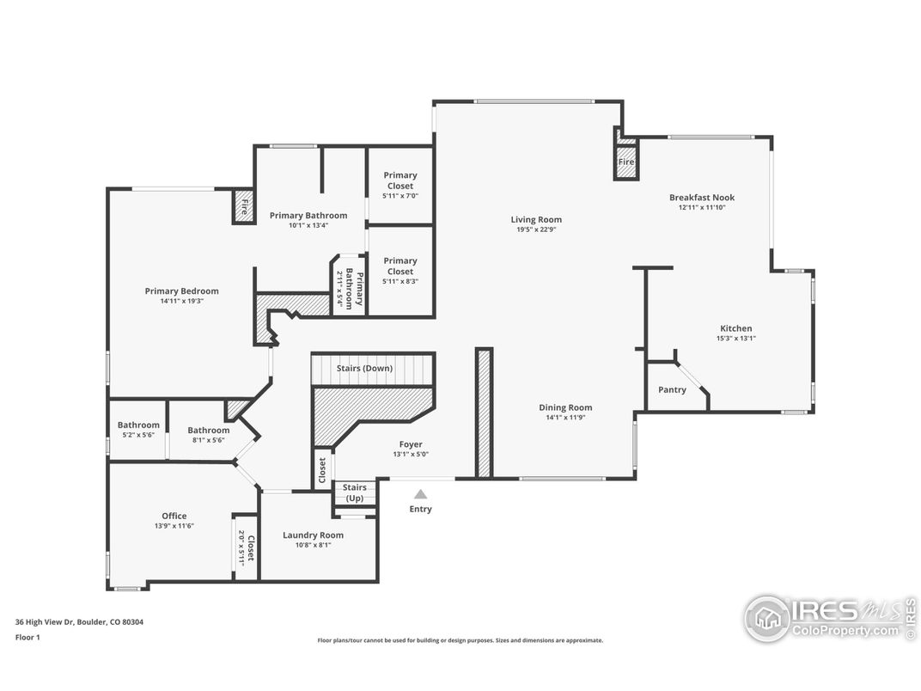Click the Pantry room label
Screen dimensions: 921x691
tap(672, 389)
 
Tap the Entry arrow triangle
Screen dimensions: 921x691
tap(421, 494)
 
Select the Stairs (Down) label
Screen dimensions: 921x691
tap(364, 369)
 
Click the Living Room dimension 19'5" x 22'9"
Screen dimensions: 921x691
tap(536, 229)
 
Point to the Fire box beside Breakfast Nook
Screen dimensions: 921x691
tap(626, 162)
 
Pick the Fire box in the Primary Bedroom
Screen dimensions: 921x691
tap(244, 206)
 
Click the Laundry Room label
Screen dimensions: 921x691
tap(313, 535)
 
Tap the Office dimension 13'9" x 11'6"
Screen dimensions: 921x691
tap(174, 526)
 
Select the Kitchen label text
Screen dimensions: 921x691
tap(736, 328)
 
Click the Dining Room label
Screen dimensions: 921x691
tap(565, 407)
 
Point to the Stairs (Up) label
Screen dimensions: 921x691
tap(354, 492)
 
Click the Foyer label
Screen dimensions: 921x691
tap(411, 444)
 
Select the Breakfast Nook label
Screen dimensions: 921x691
tap(702, 198)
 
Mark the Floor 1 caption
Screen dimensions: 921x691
tap(27, 637)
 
